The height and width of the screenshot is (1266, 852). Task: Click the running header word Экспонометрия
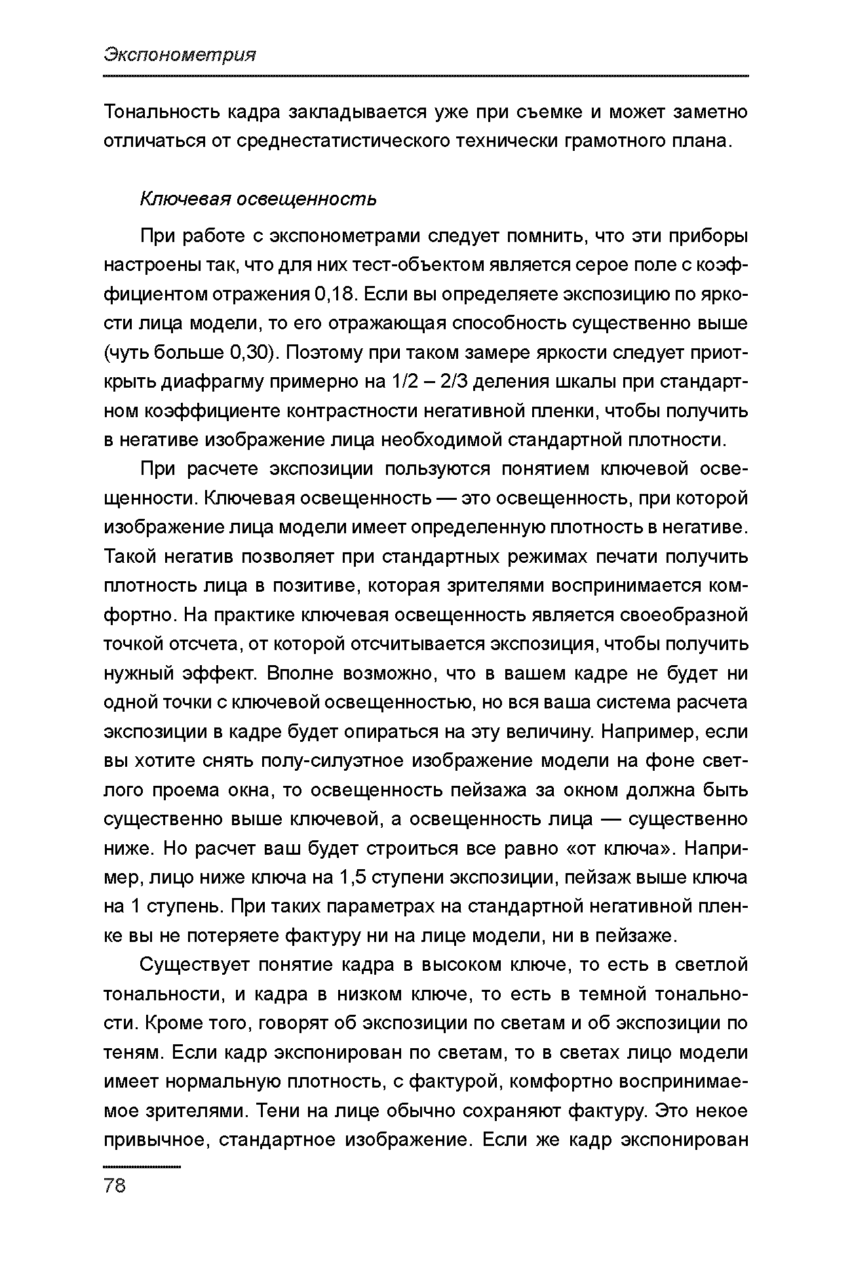pos(179,55)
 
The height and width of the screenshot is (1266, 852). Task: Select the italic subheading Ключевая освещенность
pos(258,199)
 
